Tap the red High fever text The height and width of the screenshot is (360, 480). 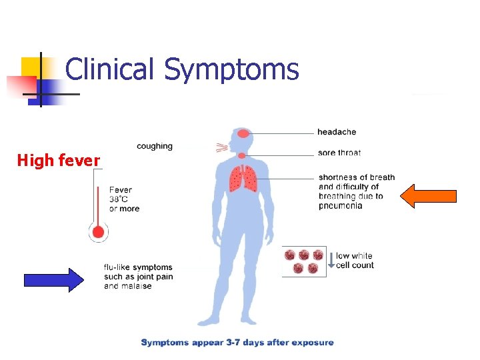pyautogui.click(x=59, y=161)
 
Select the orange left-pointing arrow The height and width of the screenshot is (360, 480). pyautogui.click(x=429, y=196)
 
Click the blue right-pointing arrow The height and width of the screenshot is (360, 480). pyautogui.click(x=54, y=280)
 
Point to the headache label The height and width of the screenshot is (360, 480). pyautogui.click(x=337, y=132)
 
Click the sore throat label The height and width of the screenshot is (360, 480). pyautogui.click(x=339, y=153)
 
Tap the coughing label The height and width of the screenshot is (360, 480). pyautogui.click(x=155, y=146)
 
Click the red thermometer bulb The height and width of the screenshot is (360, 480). pyautogui.click(x=99, y=233)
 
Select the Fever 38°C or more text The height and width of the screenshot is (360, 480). pyautogui.click(x=125, y=199)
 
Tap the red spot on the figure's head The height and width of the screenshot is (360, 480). pyautogui.click(x=243, y=134)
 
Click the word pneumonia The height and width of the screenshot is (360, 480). pyautogui.click(x=341, y=206)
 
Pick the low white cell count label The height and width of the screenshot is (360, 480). pyautogui.click(x=355, y=261)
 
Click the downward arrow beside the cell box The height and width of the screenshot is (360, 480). pyautogui.click(x=331, y=261)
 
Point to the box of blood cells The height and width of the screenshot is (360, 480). pyautogui.click(x=304, y=261)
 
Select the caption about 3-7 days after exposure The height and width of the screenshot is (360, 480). pyautogui.click(x=237, y=343)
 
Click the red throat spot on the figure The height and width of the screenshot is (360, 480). pyautogui.click(x=242, y=156)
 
